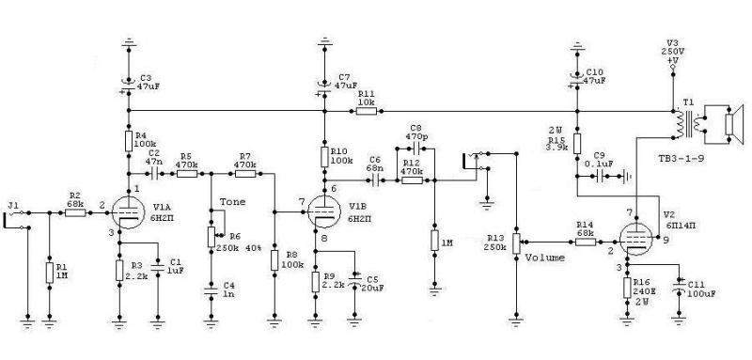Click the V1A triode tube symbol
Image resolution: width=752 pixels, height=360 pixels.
pos(128,212)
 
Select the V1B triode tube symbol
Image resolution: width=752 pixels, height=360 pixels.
pos(323,211)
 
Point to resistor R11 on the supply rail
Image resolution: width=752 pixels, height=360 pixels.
pos(366,111)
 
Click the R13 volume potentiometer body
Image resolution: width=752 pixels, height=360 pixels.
pos(515,243)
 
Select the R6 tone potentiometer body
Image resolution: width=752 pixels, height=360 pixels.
pos(211,237)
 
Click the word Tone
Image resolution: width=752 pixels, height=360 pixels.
pos(232,202)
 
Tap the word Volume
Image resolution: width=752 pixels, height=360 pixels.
pos(545,258)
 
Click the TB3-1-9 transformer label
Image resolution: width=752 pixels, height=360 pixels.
pos(681,158)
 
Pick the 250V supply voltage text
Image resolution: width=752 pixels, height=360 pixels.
pos(673,51)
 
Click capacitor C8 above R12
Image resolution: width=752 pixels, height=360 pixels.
pos(415,149)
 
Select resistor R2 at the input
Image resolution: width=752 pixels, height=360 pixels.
pos(75,212)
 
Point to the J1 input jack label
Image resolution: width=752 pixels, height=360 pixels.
pos(13,206)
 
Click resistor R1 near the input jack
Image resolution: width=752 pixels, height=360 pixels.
pos(50,273)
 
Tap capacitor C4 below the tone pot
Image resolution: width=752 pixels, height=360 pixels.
pos(211,290)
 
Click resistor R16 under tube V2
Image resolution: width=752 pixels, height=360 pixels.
pos(627,287)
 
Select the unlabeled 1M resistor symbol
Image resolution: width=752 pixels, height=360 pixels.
pos(434,241)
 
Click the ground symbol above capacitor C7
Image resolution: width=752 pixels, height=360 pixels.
pos(324,41)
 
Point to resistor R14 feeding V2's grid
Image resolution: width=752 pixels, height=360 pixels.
pos(586,243)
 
